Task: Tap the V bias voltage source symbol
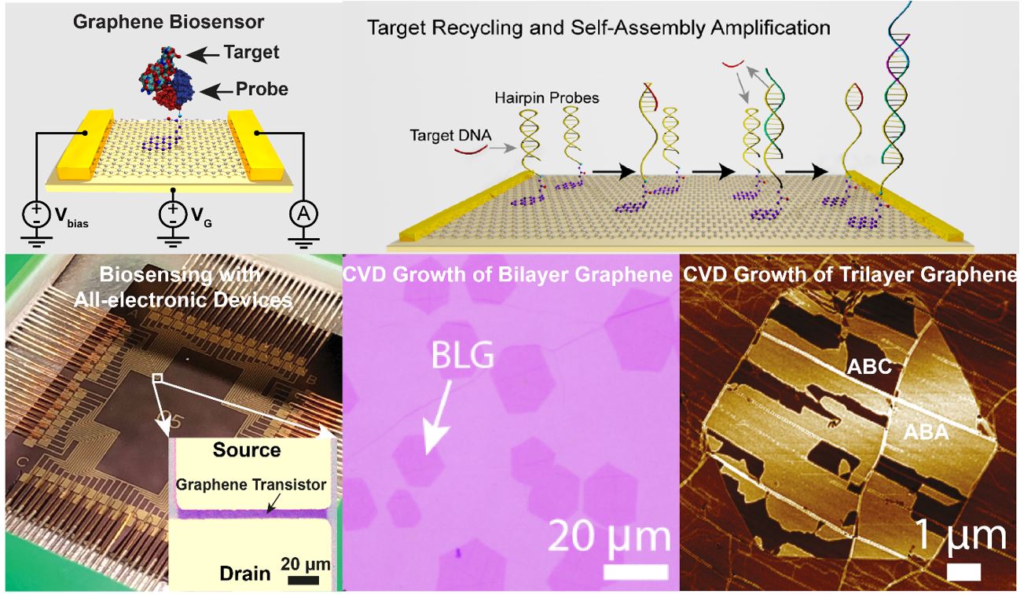click(35, 214)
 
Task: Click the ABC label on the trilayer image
click(870, 366)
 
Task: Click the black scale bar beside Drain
click(299, 581)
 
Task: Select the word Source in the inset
click(247, 450)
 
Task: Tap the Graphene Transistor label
click(250, 485)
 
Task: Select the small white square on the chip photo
click(158, 379)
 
